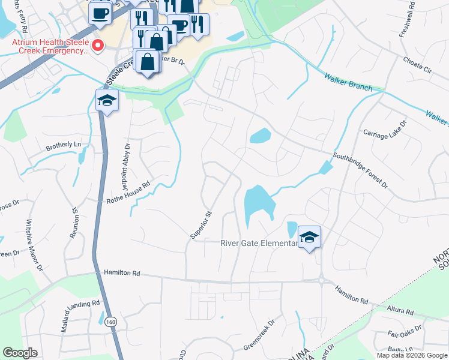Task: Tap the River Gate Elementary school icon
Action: point(309,236)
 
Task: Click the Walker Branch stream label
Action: point(349,83)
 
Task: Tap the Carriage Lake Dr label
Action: point(385,131)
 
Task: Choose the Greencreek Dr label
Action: point(258,335)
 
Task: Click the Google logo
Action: point(21,353)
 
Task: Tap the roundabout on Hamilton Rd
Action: point(322,280)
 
